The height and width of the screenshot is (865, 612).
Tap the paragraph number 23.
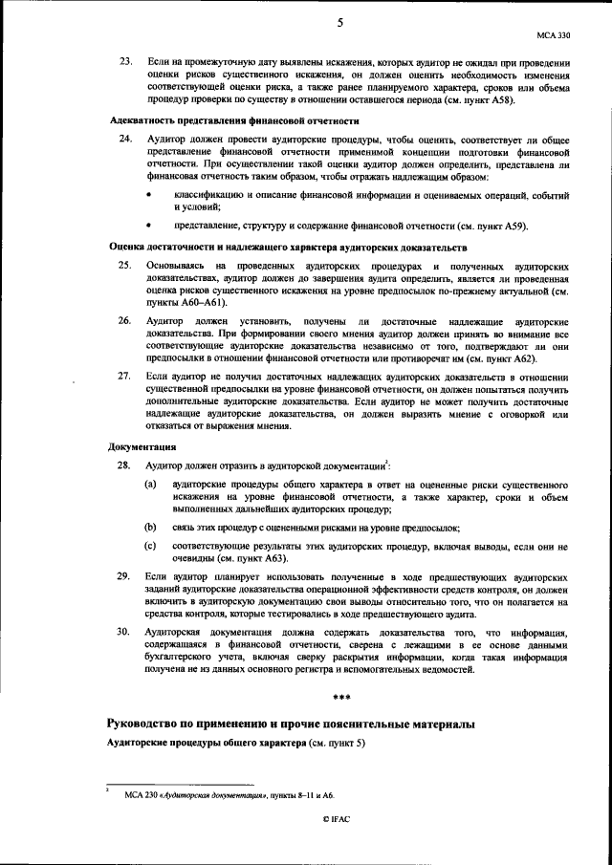tap(124, 62)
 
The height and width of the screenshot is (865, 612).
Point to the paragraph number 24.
tap(124, 140)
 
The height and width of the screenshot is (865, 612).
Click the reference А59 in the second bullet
tap(508, 227)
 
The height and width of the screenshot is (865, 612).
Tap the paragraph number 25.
tap(124, 264)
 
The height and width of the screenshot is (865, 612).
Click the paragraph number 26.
tap(124, 318)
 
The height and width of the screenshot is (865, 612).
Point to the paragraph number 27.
tap(124, 378)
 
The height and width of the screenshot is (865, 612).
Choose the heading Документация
tap(141, 446)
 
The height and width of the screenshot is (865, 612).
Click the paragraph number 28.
tap(124, 465)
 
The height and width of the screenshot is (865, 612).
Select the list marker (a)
tap(151, 485)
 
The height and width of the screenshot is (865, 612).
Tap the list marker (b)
tap(151, 527)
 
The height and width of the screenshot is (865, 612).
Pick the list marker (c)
tap(151, 545)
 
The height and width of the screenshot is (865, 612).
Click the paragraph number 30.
tap(124, 632)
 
